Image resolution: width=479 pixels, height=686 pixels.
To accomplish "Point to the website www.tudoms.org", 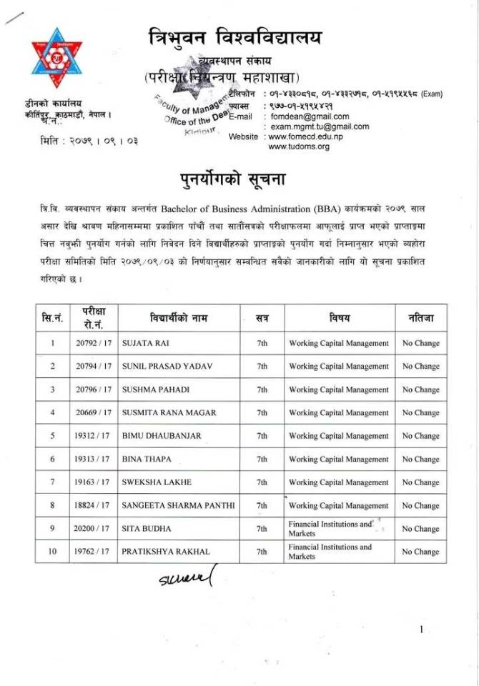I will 299,146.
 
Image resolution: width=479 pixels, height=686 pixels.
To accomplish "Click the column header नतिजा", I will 420,317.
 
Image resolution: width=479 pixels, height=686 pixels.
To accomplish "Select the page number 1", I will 422,629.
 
